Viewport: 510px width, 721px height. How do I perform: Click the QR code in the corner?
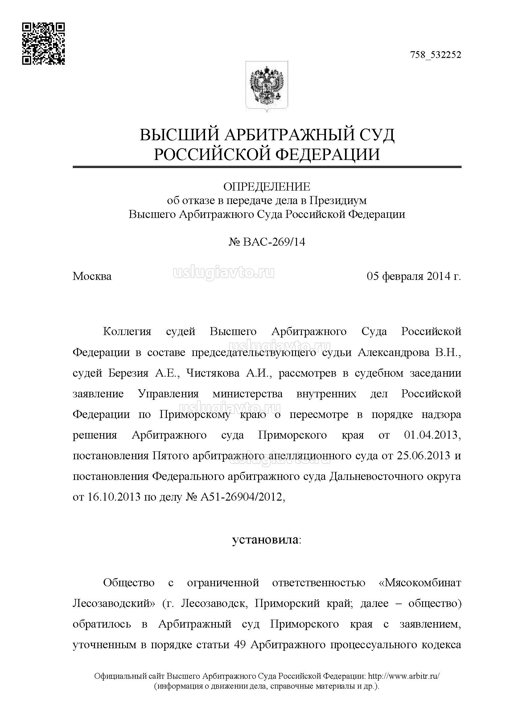[x=43, y=44]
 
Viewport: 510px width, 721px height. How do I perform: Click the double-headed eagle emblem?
[x=267, y=86]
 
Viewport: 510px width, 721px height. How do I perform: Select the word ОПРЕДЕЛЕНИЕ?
[x=267, y=187]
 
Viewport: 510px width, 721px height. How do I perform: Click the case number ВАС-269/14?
[x=274, y=242]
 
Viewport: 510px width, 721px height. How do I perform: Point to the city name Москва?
[x=92, y=276]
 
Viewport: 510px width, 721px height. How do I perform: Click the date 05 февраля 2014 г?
[x=413, y=276]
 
